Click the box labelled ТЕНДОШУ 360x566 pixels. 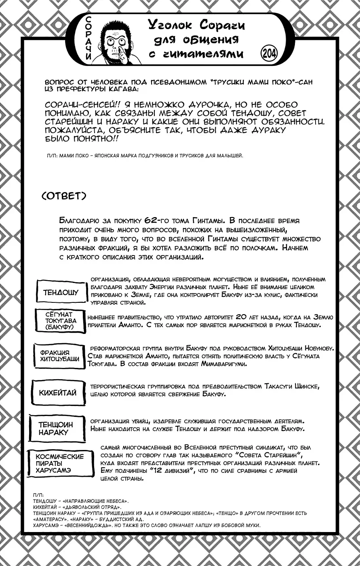click(61, 292)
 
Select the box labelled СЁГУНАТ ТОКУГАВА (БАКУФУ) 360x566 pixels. click(65, 321)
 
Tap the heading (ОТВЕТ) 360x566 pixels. click(64, 196)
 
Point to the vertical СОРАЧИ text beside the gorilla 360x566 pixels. click(89, 39)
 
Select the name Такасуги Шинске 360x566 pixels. click(291, 386)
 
